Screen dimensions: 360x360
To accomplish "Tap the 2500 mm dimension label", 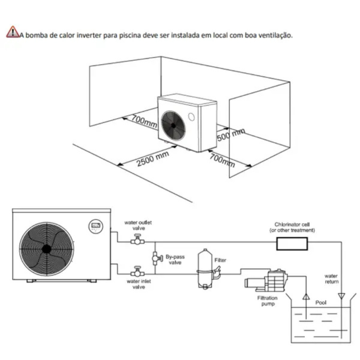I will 152,159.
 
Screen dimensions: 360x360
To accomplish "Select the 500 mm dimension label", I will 231,135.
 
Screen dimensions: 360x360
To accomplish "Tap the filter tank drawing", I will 205,269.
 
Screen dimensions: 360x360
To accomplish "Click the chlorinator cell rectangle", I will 292,244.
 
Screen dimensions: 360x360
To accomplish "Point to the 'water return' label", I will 332,279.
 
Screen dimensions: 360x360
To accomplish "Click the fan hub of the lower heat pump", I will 46,249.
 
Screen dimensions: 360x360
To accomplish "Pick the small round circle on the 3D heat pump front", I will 192,117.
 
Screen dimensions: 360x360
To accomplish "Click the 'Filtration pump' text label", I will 267,301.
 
